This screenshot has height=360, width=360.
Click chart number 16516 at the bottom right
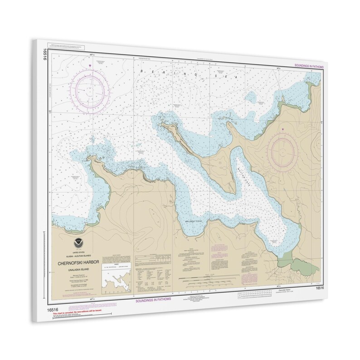click(318, 287)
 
